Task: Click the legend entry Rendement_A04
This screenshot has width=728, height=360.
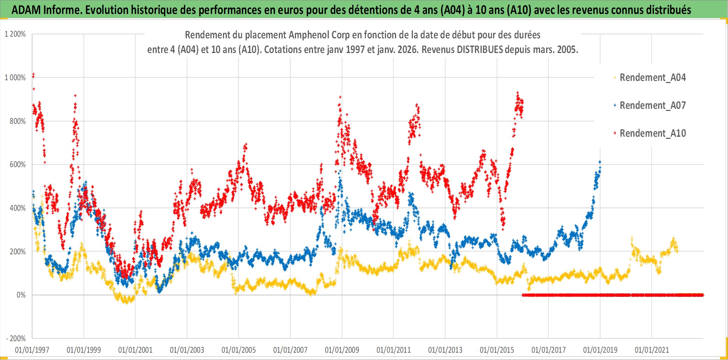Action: click(652, 77)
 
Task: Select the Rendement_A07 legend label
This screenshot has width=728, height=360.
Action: click(652, 105)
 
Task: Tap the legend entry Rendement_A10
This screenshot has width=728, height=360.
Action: click(652, 133)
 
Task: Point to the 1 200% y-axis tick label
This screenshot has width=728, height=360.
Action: click(15, 34)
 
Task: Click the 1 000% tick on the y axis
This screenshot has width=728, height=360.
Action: click(15, 77)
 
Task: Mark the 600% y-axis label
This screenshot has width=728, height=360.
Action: click(17, 165)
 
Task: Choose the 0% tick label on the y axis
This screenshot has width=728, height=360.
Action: click(21, 295)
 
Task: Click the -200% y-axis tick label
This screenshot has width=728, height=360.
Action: click(16, 338)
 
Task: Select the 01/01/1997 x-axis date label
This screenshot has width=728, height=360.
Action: click(32, 350)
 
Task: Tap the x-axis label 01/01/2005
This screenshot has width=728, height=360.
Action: click(239, 350)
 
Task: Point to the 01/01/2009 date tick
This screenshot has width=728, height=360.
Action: click(342, 350)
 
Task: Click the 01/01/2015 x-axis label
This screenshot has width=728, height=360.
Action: click(497, 350)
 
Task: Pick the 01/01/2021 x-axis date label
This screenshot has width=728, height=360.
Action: click(652, 350)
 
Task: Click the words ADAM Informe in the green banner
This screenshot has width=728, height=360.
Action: click(46, 10)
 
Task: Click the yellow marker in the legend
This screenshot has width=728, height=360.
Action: click(615, 77)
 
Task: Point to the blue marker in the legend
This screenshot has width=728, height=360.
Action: click(615, 105)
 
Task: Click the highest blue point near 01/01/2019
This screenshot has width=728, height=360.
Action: click(600, 162)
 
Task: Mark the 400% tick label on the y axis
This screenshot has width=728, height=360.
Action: click(17, 208)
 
